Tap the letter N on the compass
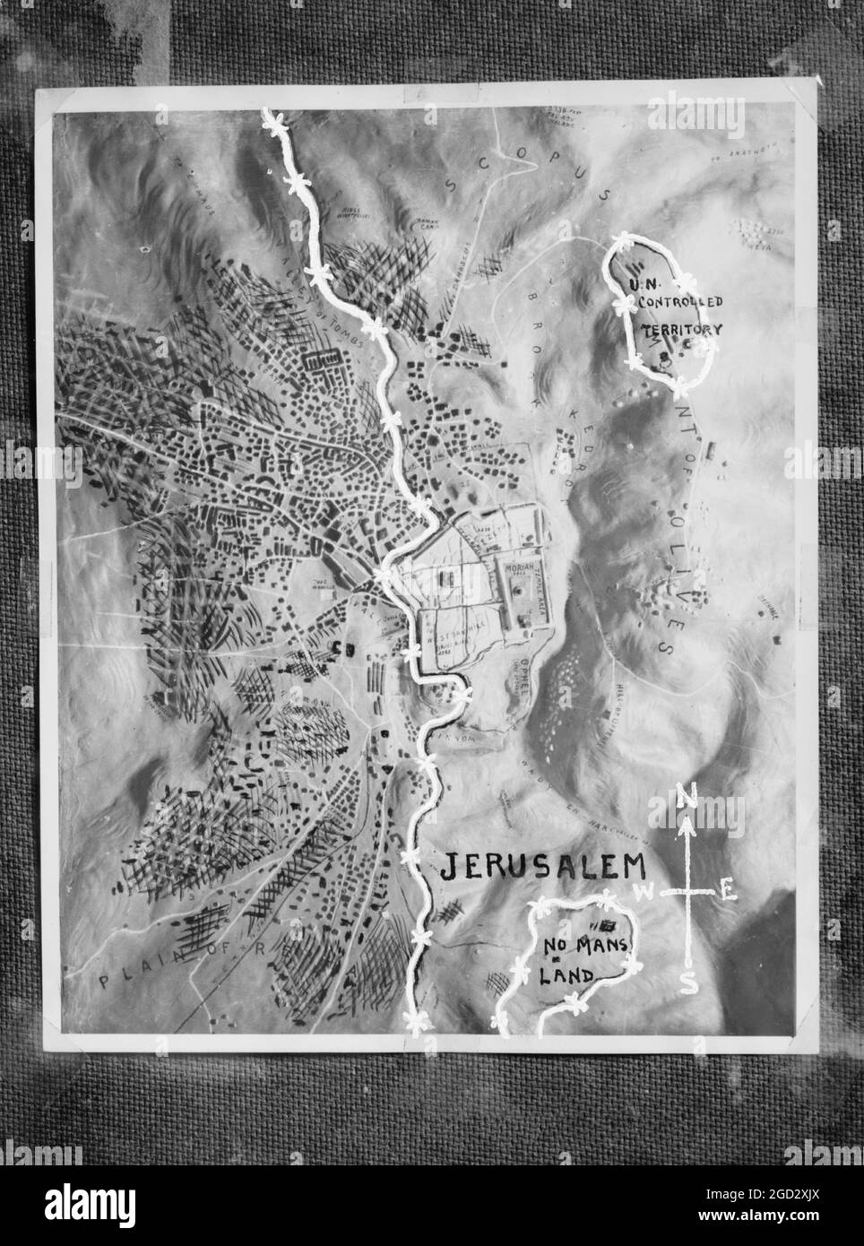(686, 794)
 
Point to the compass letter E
(729, 890)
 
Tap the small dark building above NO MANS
(609, 925)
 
